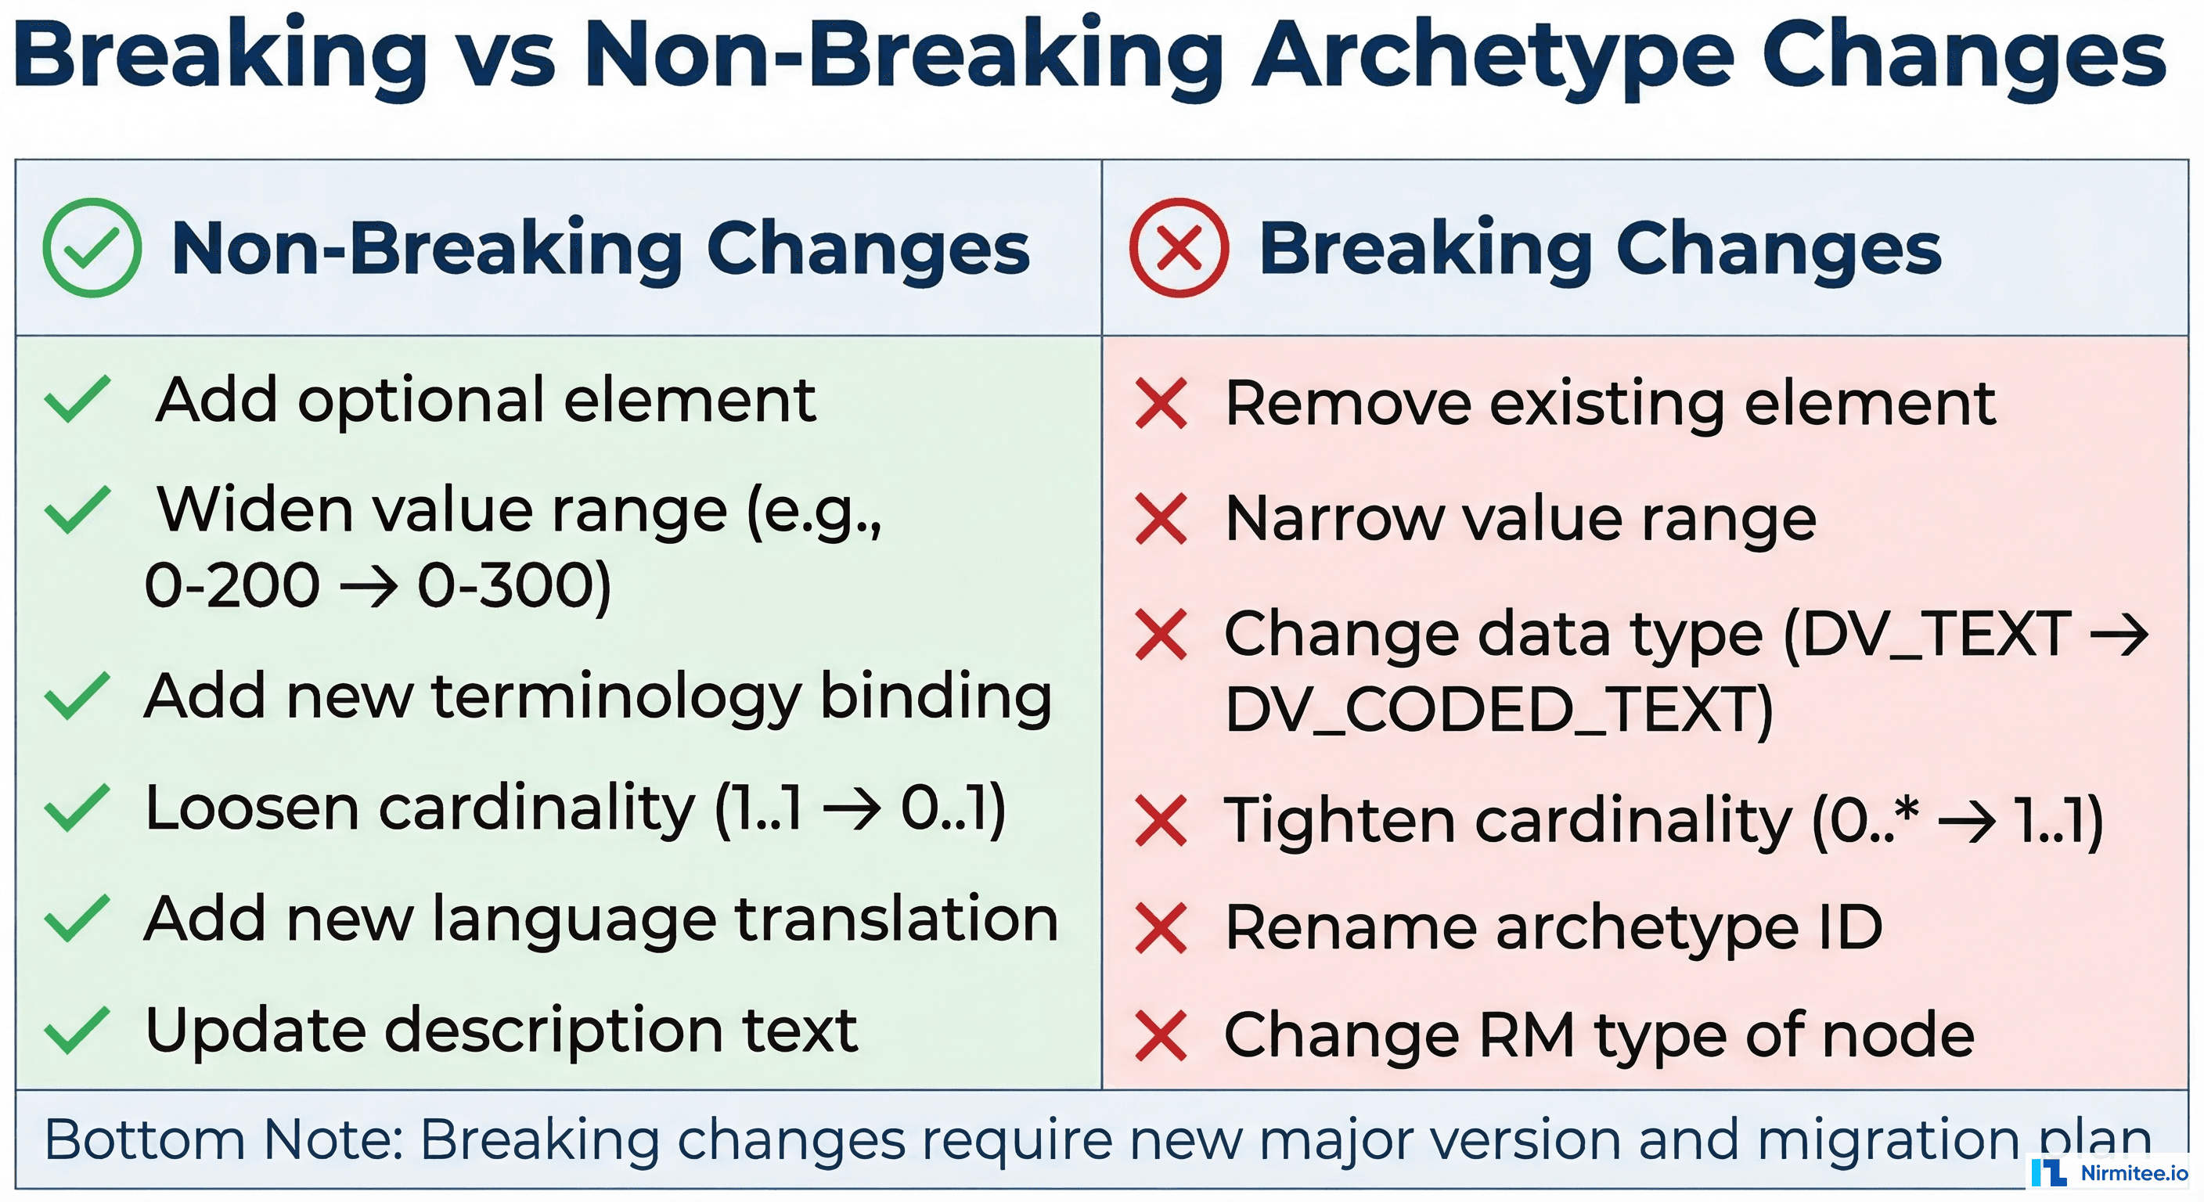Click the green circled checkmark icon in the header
click(x=92, y=247)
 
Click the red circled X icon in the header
click(x=1178, y=247)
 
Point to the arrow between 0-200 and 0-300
click(x=369, y=587)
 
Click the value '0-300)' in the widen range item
click(x=514, y=587)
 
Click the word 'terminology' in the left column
click(x=616, y=697)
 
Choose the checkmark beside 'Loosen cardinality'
click(x=77, y=808)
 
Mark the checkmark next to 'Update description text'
click(x=77, y=1030)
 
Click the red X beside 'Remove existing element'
click(x=1161, y=403)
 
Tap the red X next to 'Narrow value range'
click(x=1161, y=519)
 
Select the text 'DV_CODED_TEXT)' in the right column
click(x=1498, y=710)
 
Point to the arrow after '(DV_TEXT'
click(x=2119, y=635)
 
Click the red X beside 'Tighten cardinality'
click(x=1161, y=820)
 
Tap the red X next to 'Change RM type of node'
click(x=1161, y=1035)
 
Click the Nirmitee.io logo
click(x=2109, y=1172)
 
